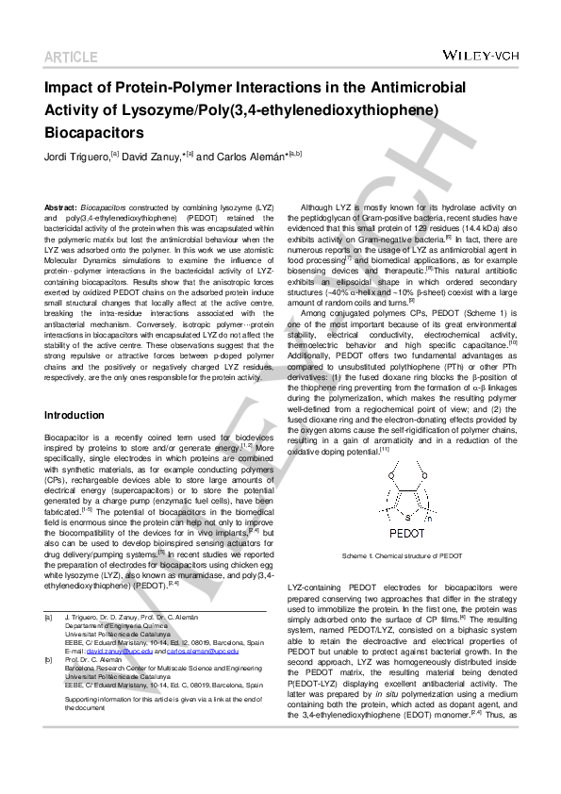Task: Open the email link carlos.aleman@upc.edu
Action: coord(196,651)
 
